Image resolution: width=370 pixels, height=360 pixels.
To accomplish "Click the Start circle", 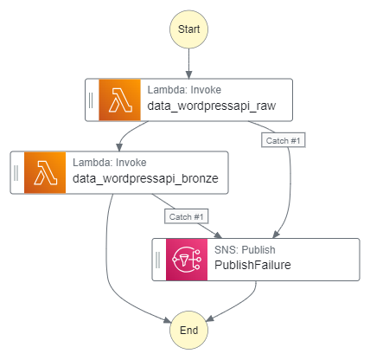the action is [188, 29].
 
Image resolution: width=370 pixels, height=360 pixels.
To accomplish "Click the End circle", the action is [188, 330].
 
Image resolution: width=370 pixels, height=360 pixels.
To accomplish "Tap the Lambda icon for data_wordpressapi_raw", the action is [120, 100].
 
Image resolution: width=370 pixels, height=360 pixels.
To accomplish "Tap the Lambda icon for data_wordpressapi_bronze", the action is [45, 172].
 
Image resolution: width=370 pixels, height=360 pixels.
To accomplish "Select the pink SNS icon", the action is [187, 260].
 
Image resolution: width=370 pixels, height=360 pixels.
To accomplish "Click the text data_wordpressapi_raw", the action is [212, 106].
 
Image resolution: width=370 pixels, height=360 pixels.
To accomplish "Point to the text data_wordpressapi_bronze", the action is [145, 179].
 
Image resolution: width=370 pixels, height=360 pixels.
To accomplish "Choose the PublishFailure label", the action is [252, 265].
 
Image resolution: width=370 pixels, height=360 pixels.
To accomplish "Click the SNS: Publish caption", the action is [245, 250].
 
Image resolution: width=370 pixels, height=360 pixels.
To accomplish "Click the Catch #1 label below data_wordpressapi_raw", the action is [284, 140].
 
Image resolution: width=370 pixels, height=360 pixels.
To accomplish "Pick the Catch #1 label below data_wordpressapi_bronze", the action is [187, 216].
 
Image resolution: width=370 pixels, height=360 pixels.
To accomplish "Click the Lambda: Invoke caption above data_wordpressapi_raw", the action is [184, 90].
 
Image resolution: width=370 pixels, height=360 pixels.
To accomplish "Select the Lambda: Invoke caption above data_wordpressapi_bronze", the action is [110, 163].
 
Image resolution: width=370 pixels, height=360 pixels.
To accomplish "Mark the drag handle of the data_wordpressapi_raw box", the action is [91, 100].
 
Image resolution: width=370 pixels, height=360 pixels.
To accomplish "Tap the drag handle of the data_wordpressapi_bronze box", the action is [16, 173].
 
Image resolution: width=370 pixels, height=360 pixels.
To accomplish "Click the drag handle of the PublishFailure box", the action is [157, 260].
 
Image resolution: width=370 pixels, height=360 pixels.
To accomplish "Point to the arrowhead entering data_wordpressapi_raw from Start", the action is [188, 74].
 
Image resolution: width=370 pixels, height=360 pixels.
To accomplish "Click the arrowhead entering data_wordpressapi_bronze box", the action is [119, 147].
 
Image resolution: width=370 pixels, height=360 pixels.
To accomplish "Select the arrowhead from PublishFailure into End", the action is [210, 318].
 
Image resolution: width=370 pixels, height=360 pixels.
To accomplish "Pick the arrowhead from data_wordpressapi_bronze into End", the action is [167, 320].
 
